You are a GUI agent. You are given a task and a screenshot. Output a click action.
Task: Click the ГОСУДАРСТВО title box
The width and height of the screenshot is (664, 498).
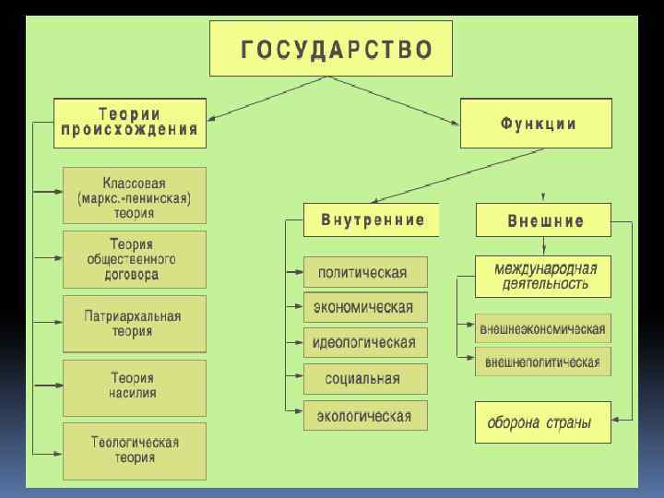[x=332, y=49]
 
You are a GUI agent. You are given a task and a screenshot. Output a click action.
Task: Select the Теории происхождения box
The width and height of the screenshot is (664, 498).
[x=130, y=122]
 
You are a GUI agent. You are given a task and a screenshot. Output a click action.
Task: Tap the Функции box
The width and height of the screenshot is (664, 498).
[x=537, y=124]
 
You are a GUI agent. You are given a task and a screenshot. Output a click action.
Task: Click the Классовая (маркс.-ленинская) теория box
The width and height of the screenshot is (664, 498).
[x=135, y=194]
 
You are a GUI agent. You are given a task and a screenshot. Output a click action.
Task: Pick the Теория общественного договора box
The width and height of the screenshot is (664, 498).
[x=135, y=258]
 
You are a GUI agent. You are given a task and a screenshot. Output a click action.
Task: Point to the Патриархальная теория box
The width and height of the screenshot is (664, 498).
[x=135, y=323]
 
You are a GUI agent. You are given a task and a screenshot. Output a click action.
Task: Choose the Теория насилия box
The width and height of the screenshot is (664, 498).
[x=135, y=386]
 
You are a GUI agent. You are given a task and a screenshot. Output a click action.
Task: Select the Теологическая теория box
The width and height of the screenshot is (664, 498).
[x=135, y=451]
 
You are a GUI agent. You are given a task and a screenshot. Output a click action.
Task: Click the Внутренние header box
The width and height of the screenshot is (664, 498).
[x=371, y=220]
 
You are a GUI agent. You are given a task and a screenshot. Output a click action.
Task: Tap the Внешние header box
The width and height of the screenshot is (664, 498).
[x=543, y=220]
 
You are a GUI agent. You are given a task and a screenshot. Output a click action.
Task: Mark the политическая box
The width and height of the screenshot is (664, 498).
[x=365, y=272]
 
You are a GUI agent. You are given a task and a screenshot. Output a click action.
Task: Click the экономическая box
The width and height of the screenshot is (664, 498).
[x=365, y=307]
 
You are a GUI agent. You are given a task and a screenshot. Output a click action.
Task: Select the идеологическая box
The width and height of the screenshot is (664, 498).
[x=365, y=342]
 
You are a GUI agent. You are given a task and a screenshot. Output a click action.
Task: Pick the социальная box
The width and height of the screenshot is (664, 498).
[x=365, y=378]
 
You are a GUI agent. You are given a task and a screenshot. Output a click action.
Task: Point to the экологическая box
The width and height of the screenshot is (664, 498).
[x=365, y=415]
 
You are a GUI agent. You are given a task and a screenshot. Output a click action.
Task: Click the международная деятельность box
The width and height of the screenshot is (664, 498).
[x=543, y=276]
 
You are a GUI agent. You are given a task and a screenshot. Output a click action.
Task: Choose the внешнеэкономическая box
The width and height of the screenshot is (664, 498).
[x=543, y=328]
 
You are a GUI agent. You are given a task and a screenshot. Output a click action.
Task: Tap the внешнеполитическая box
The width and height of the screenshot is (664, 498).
[x=543, y=361]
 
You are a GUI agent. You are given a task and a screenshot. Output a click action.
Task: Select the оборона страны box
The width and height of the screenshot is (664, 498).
[x=543, y=423]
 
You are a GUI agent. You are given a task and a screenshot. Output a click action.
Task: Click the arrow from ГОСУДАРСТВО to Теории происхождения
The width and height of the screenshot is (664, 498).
[x=267, y=97]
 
